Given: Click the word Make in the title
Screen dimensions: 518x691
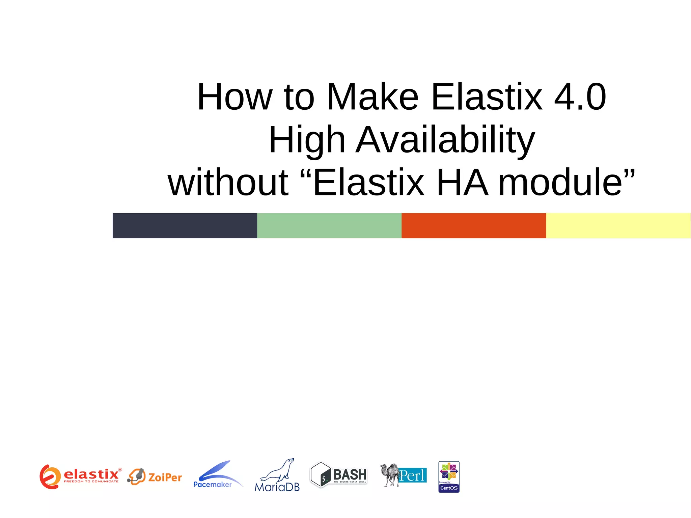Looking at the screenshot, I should coord(373,97).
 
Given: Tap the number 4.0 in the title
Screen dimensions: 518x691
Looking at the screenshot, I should coord(580,97).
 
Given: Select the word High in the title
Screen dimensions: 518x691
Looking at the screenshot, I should coord(307,140).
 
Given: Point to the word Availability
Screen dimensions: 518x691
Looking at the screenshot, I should coord(445,140).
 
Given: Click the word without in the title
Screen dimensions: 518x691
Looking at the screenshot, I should coord(228,183).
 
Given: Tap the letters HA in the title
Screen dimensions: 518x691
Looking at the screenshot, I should coord(462,183).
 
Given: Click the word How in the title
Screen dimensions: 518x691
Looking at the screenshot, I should coord(234,97).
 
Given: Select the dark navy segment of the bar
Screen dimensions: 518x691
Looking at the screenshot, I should coord(185,225).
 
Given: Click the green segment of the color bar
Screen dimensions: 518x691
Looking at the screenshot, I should coord(329,225).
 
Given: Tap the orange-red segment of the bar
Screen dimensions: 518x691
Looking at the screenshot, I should coord(474,225).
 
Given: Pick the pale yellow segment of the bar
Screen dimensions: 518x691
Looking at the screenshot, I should coord(618,225).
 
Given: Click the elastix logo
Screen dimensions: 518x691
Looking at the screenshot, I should coord(80,476).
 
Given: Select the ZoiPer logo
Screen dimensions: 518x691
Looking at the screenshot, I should coord(155,476).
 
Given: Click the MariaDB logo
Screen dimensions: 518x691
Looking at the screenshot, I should coord(277,475).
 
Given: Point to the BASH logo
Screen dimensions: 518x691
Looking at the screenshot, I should coord(338,474).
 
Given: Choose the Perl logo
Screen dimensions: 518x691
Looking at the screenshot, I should coord(404,475).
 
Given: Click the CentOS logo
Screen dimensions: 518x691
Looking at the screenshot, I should coord(449,476).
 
